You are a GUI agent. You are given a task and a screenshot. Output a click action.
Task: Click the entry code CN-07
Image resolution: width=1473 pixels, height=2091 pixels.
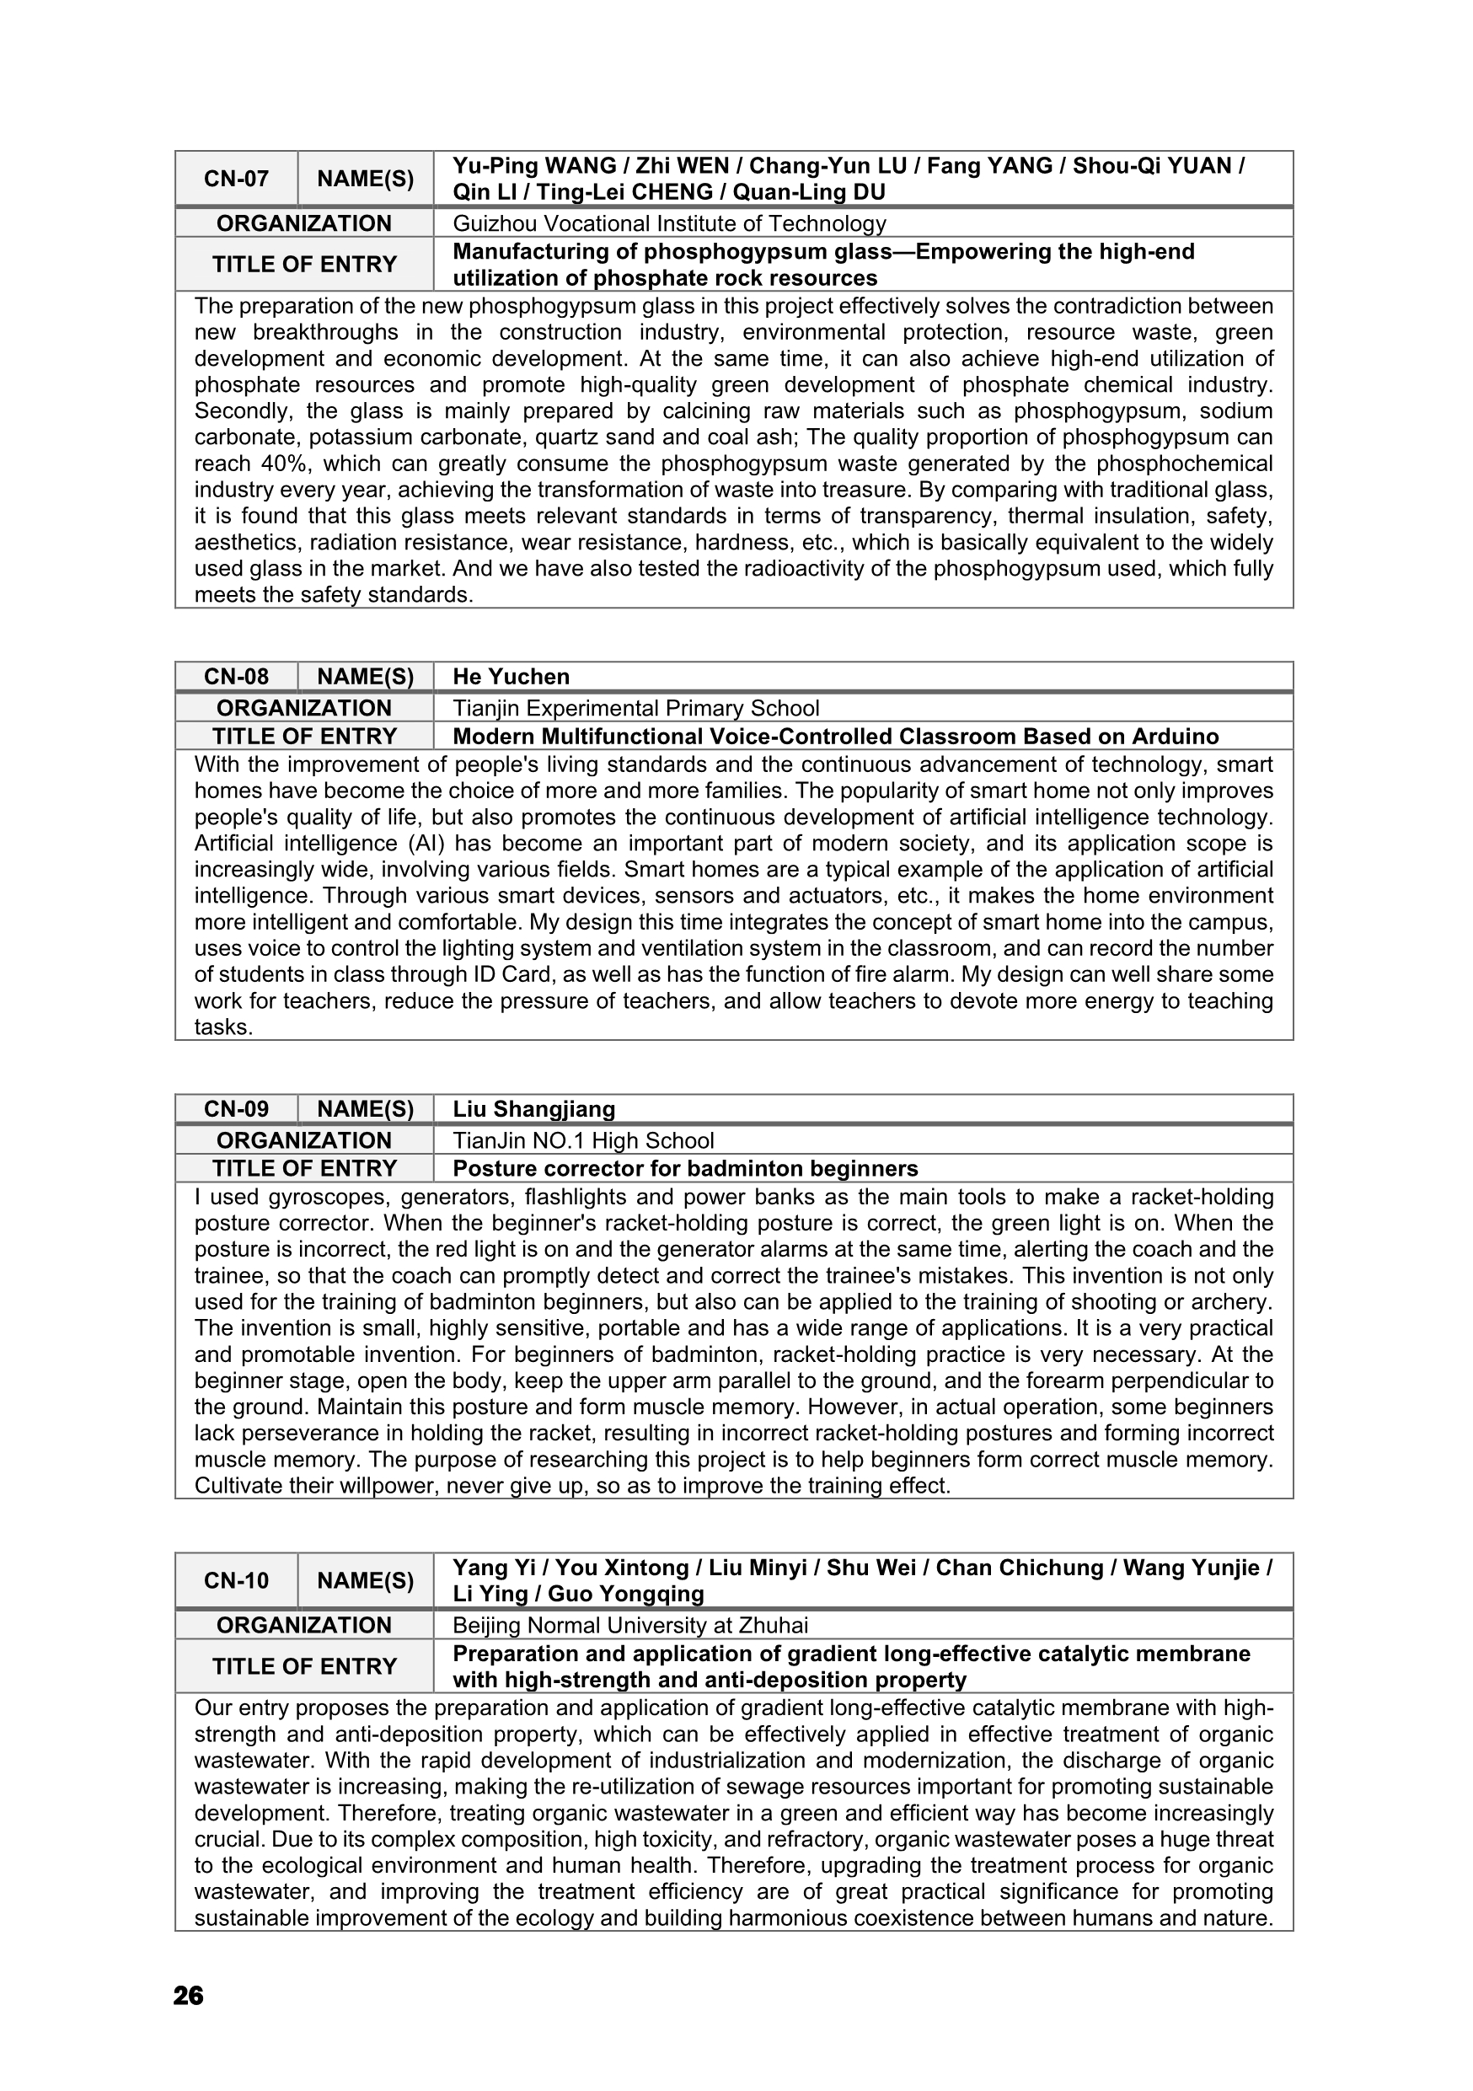coord(236,179)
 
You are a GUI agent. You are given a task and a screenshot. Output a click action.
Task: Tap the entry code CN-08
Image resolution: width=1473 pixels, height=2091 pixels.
coord(236,677)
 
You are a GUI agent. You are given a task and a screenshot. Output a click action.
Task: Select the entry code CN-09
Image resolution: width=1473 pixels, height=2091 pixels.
coord(236,1109)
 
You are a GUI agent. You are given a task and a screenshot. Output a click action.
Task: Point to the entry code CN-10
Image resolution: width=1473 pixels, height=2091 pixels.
coord(236,1581)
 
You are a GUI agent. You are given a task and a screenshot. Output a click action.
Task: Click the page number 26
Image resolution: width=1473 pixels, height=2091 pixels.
coord(189,1997)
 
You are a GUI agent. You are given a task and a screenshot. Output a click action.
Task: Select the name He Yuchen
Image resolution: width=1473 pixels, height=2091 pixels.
coord(511,677)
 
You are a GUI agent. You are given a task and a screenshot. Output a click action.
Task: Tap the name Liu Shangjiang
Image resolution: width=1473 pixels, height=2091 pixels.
coord(533,1109)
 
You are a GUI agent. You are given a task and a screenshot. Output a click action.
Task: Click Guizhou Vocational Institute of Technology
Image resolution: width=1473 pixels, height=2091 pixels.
coord(669,223)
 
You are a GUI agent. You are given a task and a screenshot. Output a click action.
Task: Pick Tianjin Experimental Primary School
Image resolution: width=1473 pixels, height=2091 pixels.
coord(635,708)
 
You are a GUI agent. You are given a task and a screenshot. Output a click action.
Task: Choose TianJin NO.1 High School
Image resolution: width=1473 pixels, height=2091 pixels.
coord(582,1140)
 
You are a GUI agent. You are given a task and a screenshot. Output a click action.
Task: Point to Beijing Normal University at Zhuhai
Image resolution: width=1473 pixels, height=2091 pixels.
coord(630,1626)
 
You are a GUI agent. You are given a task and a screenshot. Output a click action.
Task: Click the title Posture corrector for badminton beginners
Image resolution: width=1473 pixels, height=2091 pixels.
coord(684,1168)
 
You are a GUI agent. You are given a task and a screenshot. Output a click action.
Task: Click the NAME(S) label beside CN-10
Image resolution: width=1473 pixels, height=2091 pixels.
coord(365,1581)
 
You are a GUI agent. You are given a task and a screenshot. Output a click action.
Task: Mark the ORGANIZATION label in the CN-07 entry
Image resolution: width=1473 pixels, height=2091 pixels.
coord(304,223)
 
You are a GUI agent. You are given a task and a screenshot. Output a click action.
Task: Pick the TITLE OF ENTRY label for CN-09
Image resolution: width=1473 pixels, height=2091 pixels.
coord(304,1168)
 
